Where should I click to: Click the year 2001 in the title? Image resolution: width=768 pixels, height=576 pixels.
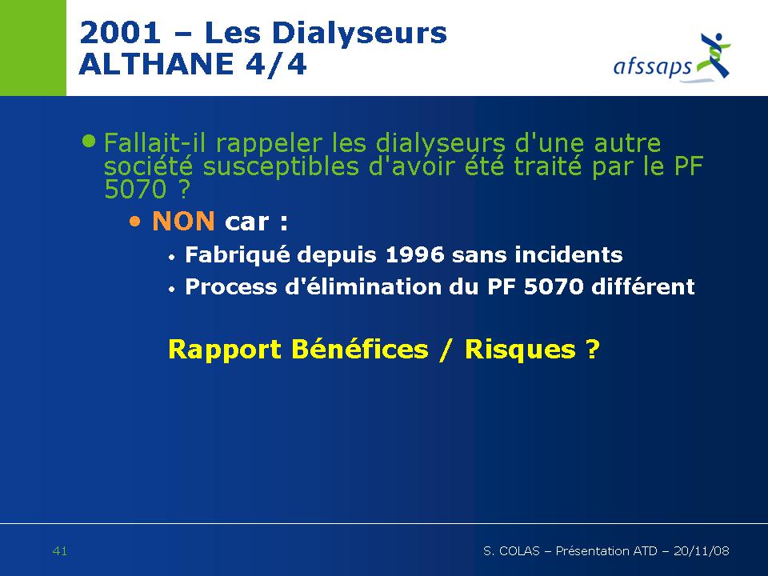pyautogui.click(x=120, y=33)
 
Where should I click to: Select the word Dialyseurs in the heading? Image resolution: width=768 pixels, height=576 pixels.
pyautogui.click(x=359, y=34)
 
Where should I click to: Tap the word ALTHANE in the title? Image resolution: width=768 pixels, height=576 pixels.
pyautogui.click(x=156, y=64)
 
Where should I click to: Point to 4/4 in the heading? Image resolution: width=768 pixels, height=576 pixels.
pyautogui.click(x=277, y=64)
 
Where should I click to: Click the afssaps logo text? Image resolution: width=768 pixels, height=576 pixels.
pyautogui.click(x=653, y=66)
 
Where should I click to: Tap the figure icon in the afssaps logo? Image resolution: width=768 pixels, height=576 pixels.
pyautogui.click(x=715, y=55)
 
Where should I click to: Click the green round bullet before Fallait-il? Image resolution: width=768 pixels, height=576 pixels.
pyautogui.click(x=89, y=141)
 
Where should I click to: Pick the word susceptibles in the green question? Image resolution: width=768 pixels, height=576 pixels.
pyautogui.click(x=281, y=166)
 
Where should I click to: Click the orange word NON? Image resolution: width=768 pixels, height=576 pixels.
pyautogui.click(x=183, y=221)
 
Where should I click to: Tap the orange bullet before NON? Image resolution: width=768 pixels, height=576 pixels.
pyautogui.click(x=134, y=222)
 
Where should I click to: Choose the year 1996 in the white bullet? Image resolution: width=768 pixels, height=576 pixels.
pyautogui.click(x=415, y=254)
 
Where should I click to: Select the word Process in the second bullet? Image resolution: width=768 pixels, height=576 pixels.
pyautogui.click(x=231, y=286)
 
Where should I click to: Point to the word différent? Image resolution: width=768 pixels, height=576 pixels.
pyautogui.click(x=643, y=286)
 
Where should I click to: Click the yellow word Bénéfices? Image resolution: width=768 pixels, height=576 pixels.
pyautogui.click(x=359, y=350)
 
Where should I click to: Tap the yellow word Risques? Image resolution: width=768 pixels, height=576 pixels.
pyautogui.click(x=520, y=350)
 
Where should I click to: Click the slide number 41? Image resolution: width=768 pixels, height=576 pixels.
pyautogui.click(x=60, y=551)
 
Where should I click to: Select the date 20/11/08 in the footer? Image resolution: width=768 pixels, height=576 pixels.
pyautogui.click(x=702, y=551)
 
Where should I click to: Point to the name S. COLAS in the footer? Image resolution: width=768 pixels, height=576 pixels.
pyautogui.click(x=511, y=551)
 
